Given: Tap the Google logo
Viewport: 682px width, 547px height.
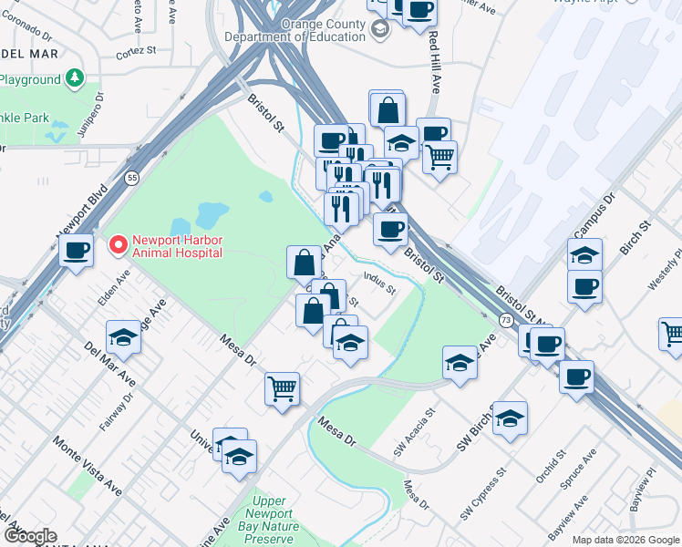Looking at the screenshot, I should (30, 536).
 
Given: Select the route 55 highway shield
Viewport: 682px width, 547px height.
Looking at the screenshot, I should (133, 176).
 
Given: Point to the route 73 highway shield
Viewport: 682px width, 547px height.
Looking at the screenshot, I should (504, 319).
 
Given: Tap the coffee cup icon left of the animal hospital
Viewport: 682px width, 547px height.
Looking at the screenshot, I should (77, 251).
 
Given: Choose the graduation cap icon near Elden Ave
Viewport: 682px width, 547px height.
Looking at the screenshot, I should (123, 338).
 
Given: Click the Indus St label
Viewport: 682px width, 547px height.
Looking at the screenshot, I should (379, 284).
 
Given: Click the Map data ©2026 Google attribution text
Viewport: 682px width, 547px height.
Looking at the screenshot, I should (625, 539).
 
